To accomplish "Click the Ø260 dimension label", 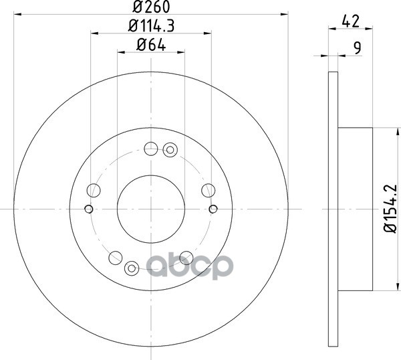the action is (x=151, y=7).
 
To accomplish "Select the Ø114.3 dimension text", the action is (x=151, y=26).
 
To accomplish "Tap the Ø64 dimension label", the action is (x=151, y=45).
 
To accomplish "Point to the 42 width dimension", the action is (x=351, y=21).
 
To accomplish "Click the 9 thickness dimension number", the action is (x=358, y=48).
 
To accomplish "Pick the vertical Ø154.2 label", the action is (x=390, y=208).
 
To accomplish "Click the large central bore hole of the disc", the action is (x=151, y=209).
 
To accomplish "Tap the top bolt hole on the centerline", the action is (x=151, y=149).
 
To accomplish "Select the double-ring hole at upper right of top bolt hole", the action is (x=170, y=150).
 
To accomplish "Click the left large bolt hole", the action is (x=94, y=190).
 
